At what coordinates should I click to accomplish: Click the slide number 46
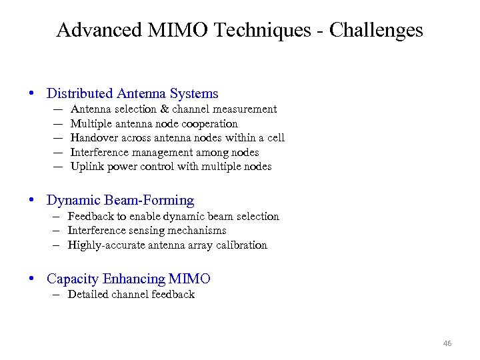click(447, 343)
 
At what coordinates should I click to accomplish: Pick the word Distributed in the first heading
click(79, 94)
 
